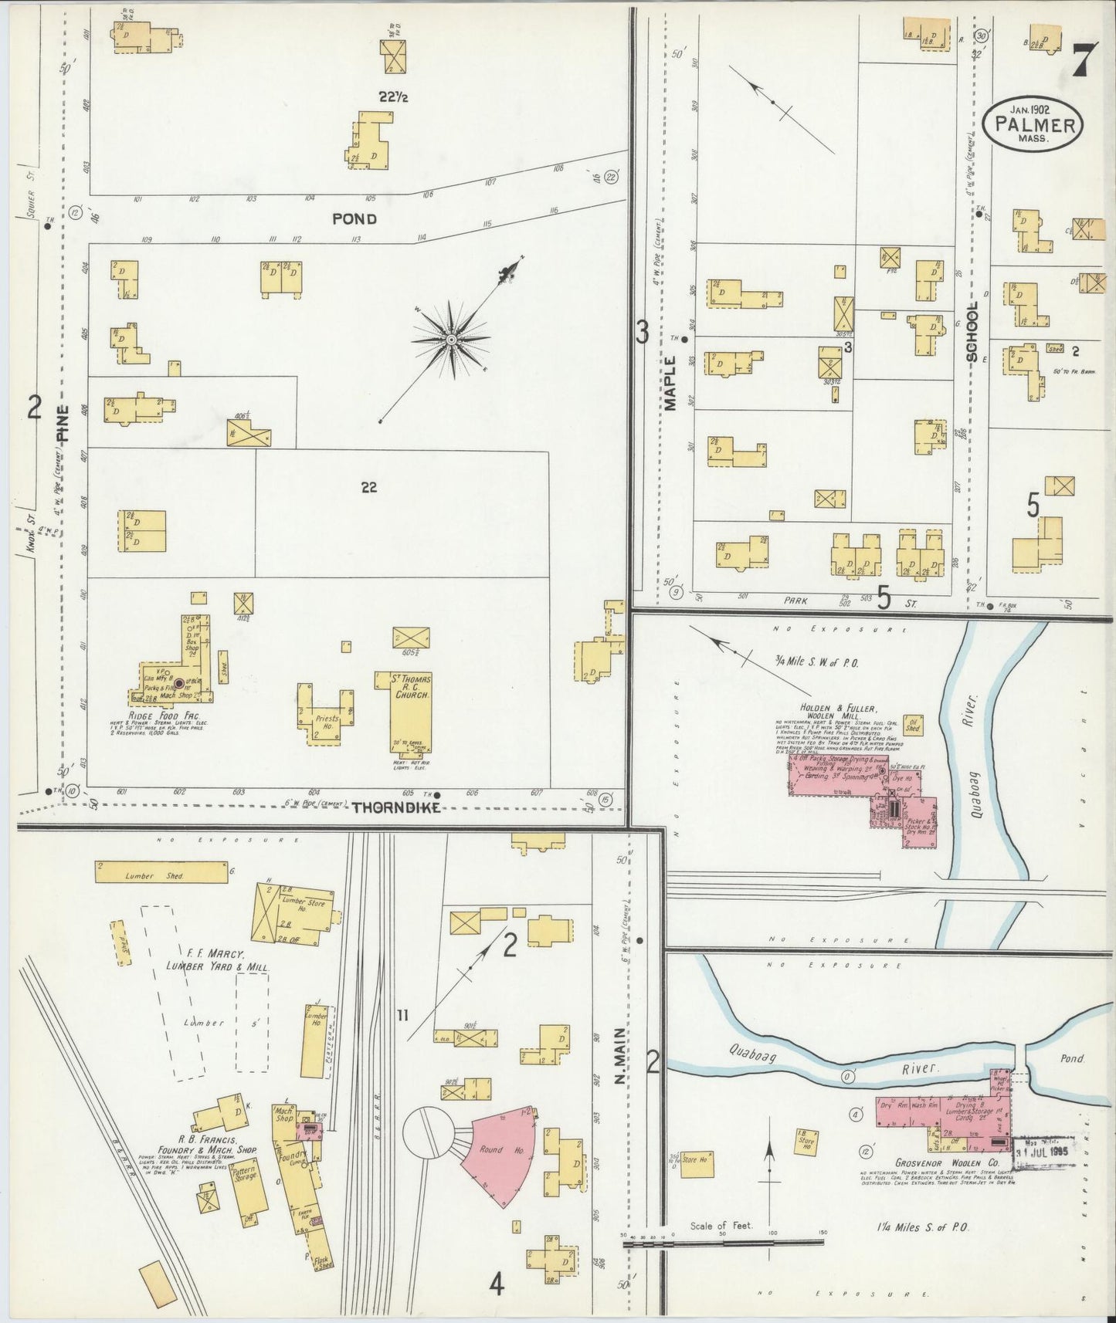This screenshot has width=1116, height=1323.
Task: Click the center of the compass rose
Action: pyautogui.click(x=451, y=340)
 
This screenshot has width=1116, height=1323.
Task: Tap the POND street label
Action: pyautogui.click(x=354, y=219)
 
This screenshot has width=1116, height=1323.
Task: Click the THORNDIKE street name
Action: pyautogui.click(x=396, y=807)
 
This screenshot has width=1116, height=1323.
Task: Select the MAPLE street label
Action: pyautogui.click(x=670, y=382)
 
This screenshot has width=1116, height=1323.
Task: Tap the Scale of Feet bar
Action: pyautogui.click(x=723, y=1242)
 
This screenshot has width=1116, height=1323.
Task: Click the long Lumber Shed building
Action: pyautogui.click(x=161, y=871)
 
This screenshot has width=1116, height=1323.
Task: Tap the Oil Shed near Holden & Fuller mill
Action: pyautogui.click(x=913, y=723)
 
